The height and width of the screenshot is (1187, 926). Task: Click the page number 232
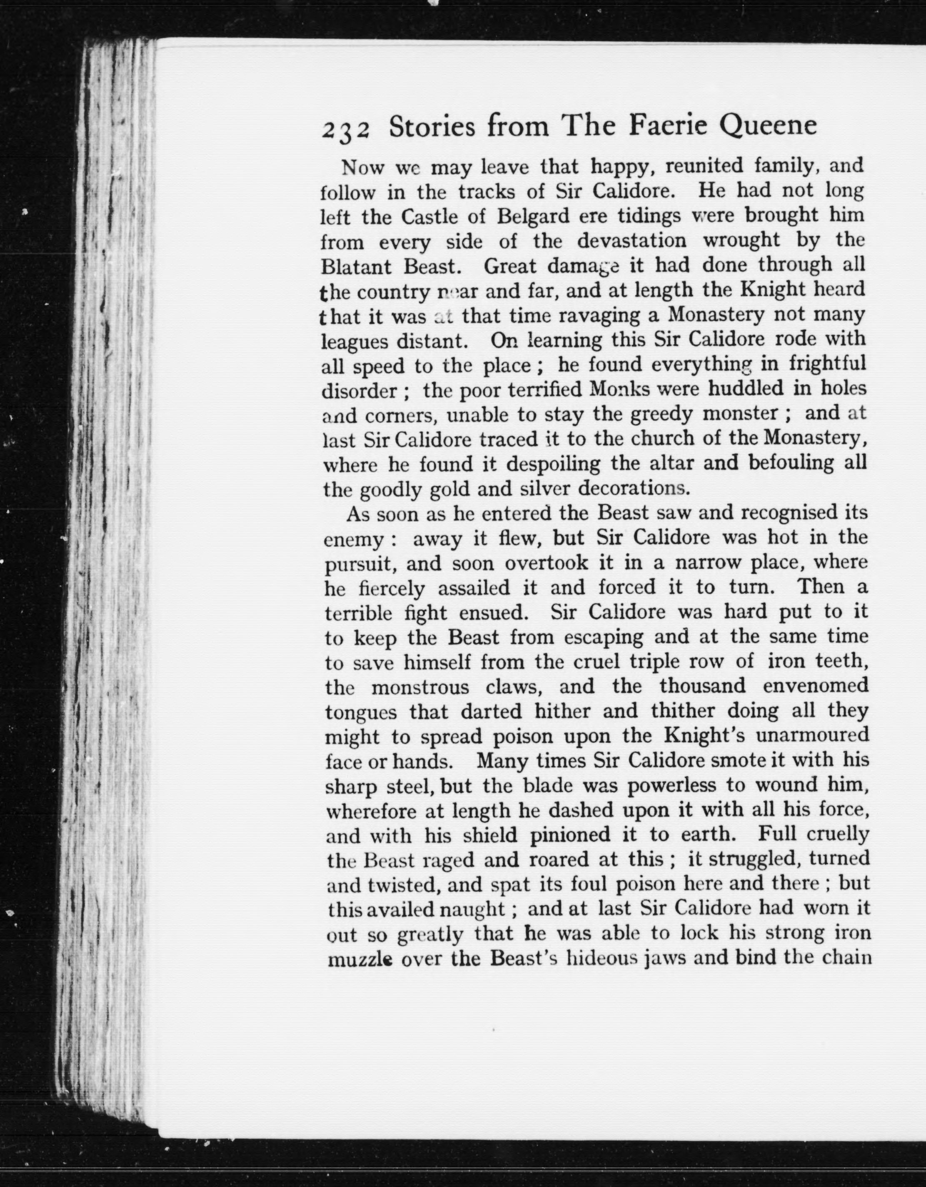[x=346, y=130]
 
